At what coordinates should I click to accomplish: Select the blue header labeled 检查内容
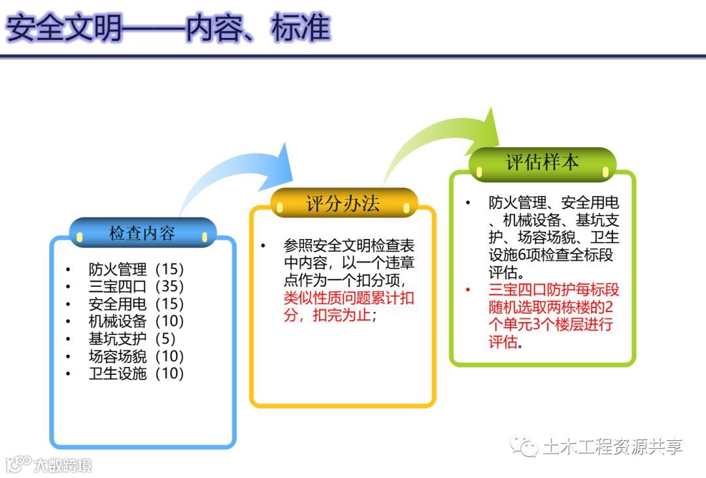pos(142,233)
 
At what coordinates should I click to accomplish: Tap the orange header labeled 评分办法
pos(343,203)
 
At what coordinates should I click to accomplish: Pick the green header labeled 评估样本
pos(543,162)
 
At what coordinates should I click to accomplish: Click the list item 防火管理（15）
pos(136,269)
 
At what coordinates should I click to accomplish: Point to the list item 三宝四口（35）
pos(136,287)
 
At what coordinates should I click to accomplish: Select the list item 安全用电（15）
pos(136,304)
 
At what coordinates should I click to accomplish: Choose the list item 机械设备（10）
pos(136,321)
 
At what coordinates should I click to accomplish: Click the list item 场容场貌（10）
pos(136,357)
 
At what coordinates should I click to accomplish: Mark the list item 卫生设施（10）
pos(136,374)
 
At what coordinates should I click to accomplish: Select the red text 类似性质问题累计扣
pos(349,299)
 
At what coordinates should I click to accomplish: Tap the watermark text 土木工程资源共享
pos(612,447)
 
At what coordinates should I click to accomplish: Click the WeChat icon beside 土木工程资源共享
pos(524,447)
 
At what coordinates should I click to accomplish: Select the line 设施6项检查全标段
pos(551,255)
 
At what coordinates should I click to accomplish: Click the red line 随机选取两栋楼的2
pos(551,307)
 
